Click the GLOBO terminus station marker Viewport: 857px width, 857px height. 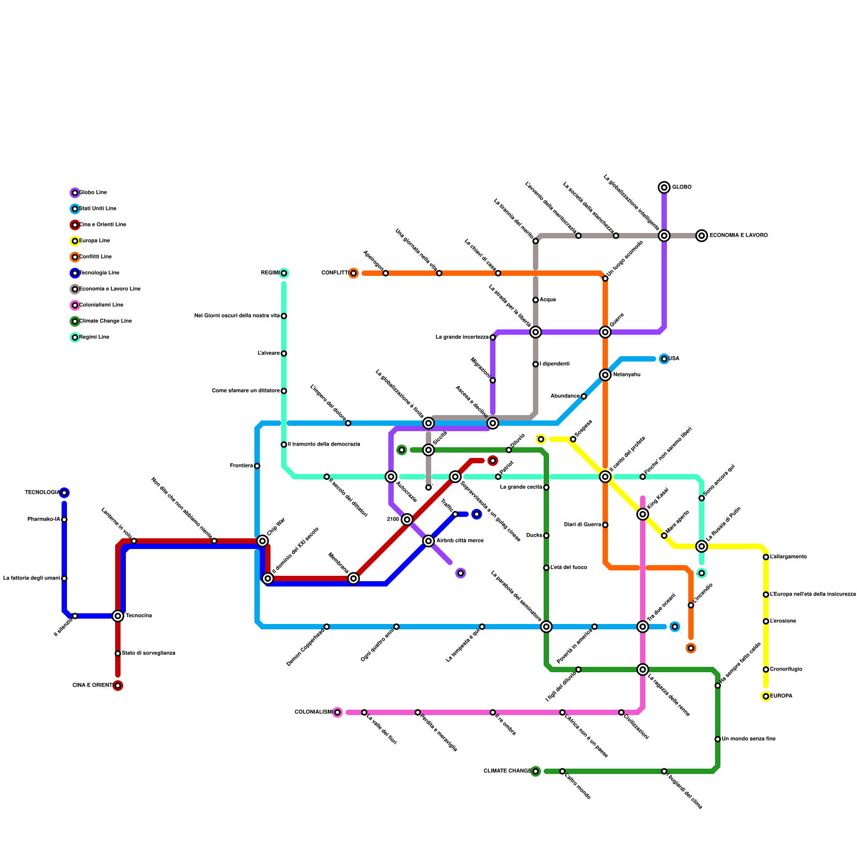coord(664,187)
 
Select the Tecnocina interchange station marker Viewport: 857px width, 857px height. coord(118,616)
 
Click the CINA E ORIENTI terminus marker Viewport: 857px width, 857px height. coord(118,686)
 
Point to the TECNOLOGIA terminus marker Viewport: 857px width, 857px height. coord(64,493)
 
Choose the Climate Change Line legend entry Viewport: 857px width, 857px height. coord(105,321)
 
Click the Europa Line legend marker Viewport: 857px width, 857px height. coord(75,241)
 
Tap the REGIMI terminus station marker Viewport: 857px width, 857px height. coord(284,273)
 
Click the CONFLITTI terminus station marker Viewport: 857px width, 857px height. coord(354,273)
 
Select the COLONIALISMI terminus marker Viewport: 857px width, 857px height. coord(337,712)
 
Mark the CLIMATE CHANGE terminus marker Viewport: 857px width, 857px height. coord(536,771)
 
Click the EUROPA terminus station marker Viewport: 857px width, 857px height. coord(766,696)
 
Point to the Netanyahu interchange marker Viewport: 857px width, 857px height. coord(605,375)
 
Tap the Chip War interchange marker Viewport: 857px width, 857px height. coord(262,541)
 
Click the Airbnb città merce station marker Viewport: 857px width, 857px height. coord(428,541)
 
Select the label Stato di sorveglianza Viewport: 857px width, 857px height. coord(148,653)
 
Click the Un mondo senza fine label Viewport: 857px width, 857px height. coord(748,739)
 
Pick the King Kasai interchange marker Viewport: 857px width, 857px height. coord(643,514)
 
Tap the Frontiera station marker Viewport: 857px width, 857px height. coord(257,466)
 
